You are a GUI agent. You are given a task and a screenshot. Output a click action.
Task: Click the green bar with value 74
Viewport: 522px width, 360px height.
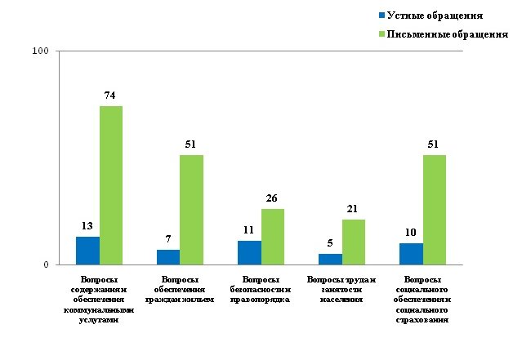[111, 185]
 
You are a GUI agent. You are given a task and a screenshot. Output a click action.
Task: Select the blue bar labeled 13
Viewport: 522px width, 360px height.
[88, 251]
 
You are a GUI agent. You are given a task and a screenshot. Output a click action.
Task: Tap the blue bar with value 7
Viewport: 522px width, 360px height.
[168, 257]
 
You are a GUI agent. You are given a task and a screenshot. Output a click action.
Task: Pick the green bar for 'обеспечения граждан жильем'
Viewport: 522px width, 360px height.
[191, 210]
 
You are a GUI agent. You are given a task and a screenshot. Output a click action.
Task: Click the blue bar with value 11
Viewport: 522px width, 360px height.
[249, 253]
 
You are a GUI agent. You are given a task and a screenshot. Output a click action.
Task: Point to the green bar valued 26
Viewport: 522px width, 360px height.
[272, 237]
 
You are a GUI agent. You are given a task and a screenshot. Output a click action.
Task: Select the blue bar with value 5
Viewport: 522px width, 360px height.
[330, 260]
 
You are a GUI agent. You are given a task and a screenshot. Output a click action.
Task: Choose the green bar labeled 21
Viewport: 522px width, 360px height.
[353, 242]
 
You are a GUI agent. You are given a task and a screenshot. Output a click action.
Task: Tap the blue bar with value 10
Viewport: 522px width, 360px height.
[411, 254]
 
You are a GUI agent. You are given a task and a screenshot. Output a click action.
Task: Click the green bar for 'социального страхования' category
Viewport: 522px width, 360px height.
[434, 210]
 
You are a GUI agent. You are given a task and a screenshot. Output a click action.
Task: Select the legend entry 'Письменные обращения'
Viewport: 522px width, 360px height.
[446, 35]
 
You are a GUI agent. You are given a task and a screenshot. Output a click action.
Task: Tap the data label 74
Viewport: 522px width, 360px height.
[111, 96]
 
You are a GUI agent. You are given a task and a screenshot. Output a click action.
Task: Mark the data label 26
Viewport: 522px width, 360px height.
[272, 198]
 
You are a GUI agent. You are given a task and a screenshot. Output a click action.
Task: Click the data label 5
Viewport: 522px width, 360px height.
[330, 242]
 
